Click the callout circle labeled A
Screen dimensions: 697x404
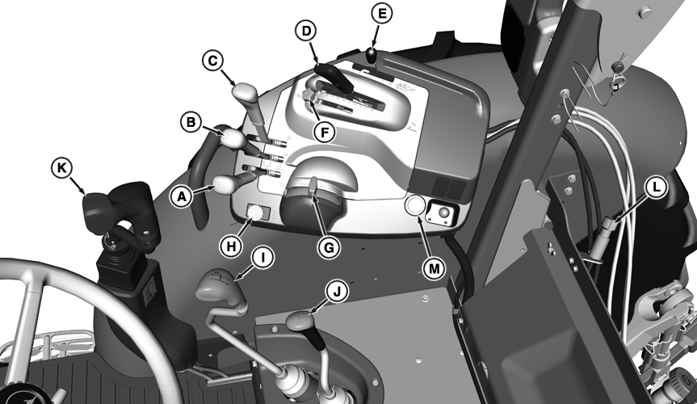point(182,196)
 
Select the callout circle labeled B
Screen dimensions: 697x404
point(191,122)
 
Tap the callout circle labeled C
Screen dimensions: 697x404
point(213,61)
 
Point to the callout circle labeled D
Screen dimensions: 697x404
point(306,32)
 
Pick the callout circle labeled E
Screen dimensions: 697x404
point(381,14)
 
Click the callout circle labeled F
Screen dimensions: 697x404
point(325,133)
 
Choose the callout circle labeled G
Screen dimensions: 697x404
point(329,247)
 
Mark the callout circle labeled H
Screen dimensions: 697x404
point(231,246)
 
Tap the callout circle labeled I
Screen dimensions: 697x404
point(263,257)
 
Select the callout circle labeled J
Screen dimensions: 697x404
point(338,292)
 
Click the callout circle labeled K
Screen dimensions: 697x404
point(62,168)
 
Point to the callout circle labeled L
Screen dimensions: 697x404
point(656,187)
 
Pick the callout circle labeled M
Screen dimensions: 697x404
point(434,269)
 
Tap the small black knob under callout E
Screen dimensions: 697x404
point(372,55)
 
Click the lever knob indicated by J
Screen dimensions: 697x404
point(300,322)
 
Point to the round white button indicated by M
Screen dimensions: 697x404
point(414,207)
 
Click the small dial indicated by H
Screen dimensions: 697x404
point(255,212)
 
